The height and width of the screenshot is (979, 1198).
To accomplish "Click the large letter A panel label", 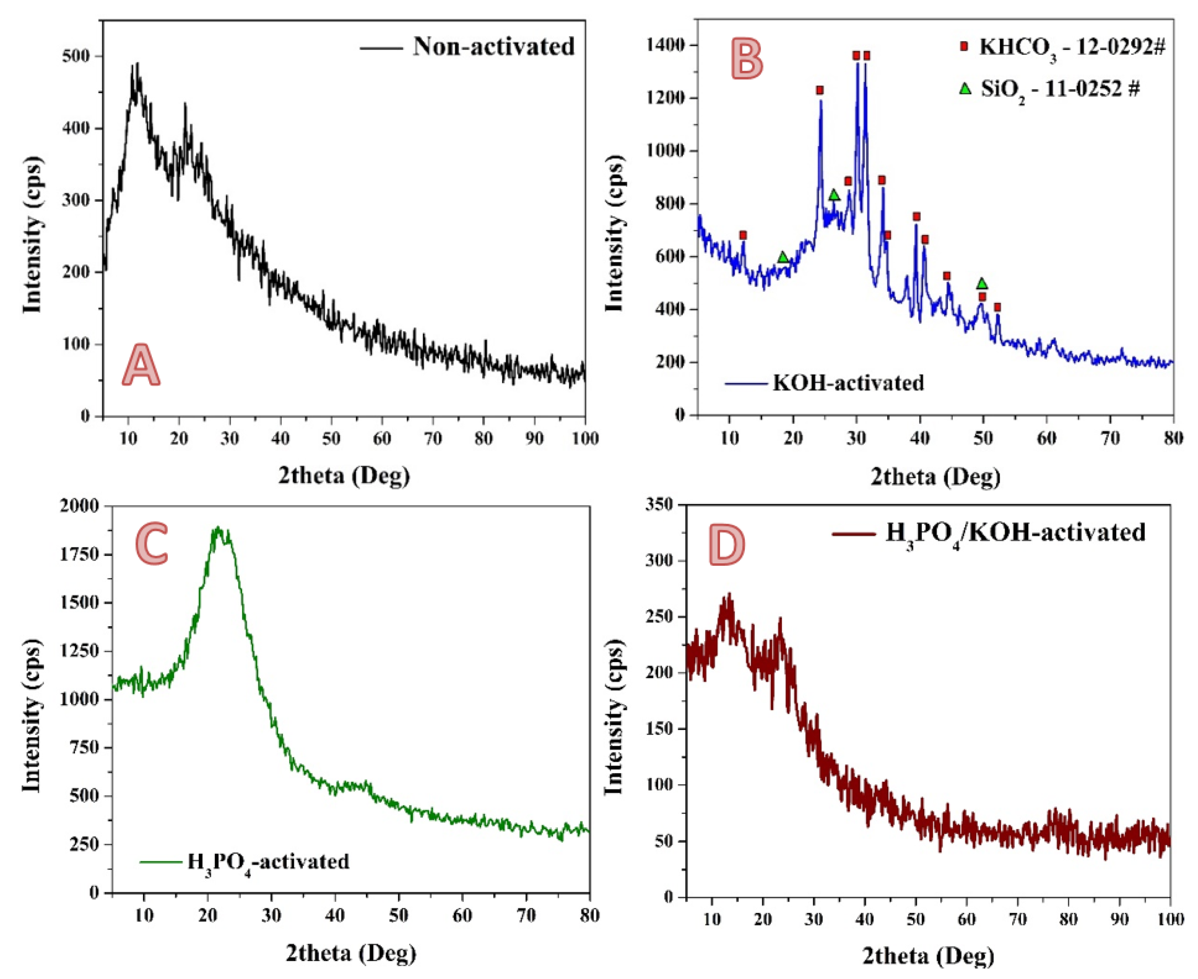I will coord(141,366).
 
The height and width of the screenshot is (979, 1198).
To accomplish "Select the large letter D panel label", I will coord(727,545).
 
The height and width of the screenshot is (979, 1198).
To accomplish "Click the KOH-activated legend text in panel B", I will coord(848,383).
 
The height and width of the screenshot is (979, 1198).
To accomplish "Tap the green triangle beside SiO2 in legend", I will coord(965,88).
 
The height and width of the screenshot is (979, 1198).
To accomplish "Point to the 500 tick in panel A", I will coord(76,56).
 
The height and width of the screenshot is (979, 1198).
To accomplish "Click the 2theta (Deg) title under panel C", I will coord(350,954).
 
